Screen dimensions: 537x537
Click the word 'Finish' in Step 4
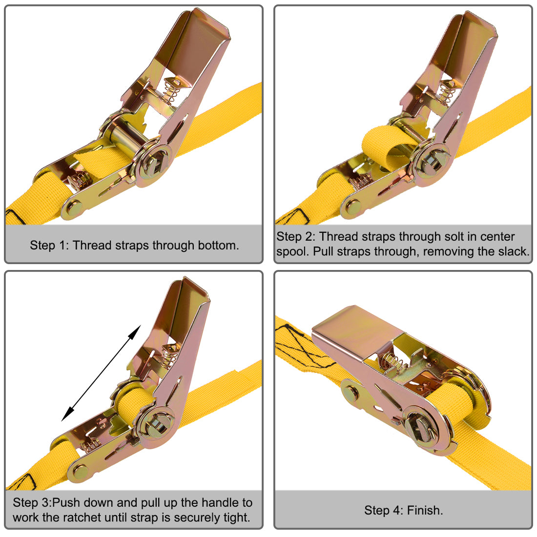pos(424,511)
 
